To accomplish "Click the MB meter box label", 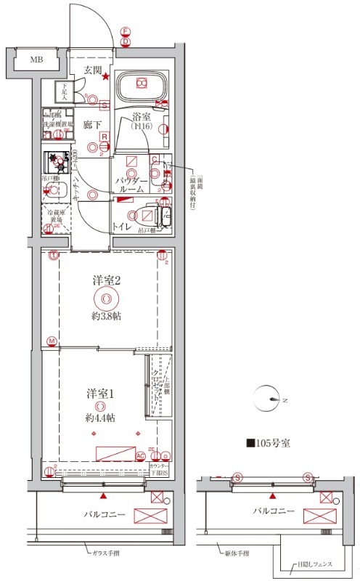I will click(35, 59).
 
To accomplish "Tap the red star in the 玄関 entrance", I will click(106, 77).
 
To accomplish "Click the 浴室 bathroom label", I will click(141, 116).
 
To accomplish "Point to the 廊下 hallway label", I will click(91, 125).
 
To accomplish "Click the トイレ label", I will click(121, 226).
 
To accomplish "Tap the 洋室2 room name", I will click(105, 280).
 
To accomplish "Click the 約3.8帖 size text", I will click(106, 317).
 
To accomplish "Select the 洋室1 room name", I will click(99, 393).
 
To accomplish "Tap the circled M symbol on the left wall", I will click(52, 341).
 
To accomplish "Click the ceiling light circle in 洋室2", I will click(106, 298).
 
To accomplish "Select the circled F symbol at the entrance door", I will click(125, 31).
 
